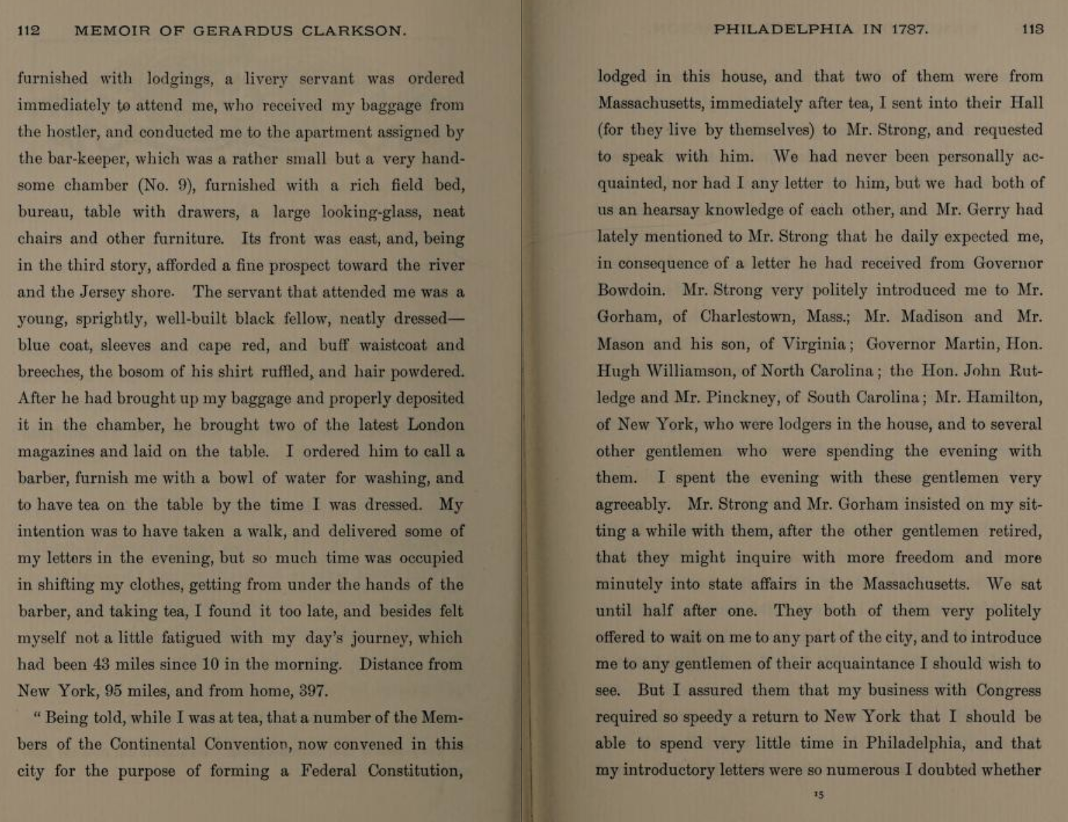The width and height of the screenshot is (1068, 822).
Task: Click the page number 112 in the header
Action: click(29, 31)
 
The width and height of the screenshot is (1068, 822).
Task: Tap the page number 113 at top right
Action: click(1033, 29)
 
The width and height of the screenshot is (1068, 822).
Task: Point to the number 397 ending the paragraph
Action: click(313, 691)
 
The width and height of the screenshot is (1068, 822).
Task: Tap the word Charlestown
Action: click(747, 317)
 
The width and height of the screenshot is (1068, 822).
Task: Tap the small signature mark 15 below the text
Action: click(819, 795)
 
